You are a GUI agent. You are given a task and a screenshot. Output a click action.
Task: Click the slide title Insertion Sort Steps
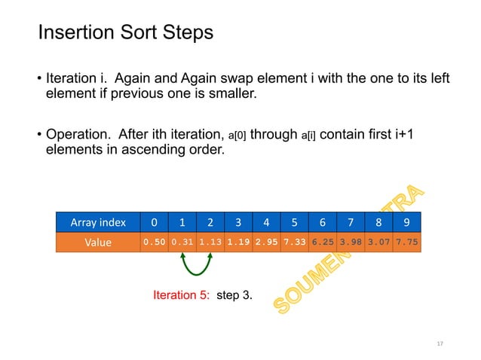[125, 33]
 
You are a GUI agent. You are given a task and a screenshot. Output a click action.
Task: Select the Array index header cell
[99, 222]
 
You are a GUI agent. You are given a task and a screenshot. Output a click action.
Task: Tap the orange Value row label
[99, 243]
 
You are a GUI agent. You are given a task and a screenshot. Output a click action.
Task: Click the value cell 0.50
[154, 243]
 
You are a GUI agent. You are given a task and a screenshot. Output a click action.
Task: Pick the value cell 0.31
[182, 243]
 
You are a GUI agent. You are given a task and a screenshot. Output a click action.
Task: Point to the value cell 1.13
[210, 243]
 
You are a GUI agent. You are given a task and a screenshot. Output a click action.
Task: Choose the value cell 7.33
[294, 243]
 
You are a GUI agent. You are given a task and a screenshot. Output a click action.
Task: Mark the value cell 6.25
[323, 243]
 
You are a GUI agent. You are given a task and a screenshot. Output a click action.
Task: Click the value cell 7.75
[406, 243]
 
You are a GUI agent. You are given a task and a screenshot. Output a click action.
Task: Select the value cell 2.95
[266, 243]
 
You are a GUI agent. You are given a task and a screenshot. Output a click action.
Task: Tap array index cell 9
[406, 222]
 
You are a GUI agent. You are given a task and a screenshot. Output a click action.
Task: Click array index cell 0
[154, 222]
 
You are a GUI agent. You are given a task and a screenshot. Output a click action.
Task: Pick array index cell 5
[294, 222]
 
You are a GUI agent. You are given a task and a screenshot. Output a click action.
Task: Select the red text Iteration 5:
[182, 295]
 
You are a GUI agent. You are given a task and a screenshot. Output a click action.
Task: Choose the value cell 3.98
[351, 243]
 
